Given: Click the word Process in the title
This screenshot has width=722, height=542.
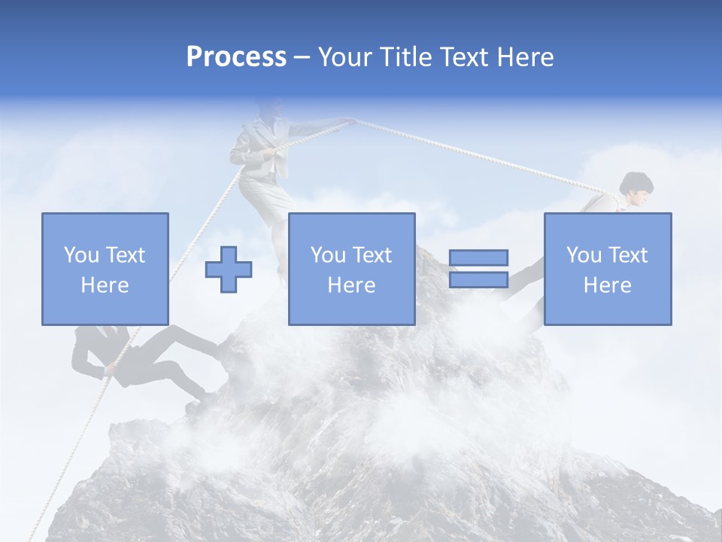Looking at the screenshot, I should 236,57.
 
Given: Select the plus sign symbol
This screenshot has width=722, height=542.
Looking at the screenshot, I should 229,269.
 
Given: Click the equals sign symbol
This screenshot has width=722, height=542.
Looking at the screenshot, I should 478,269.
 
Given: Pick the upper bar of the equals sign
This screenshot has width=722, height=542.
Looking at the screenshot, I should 478,258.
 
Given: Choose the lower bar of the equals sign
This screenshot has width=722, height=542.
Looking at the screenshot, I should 478,279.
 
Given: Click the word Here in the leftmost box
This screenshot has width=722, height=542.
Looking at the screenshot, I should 105,285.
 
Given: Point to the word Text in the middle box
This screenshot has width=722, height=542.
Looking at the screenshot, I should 373,255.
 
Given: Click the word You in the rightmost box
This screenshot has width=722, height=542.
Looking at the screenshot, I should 584,255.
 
